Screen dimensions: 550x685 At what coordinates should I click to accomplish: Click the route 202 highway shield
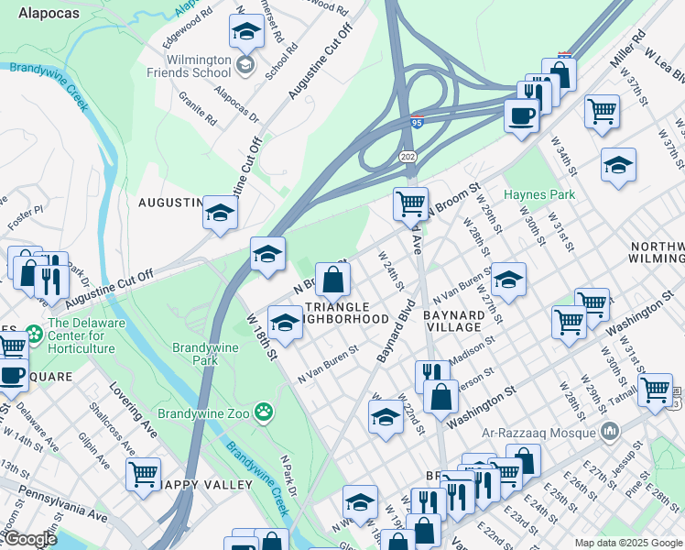[408, 158]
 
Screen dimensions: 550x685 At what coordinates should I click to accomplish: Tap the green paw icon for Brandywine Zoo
[265, 412]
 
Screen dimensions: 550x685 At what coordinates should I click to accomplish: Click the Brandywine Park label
[195, 354]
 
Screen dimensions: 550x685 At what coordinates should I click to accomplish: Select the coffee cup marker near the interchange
[522, 116]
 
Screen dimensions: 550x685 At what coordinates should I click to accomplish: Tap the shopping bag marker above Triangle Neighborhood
[333, 279]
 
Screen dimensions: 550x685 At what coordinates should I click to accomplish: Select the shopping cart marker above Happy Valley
[143, 475]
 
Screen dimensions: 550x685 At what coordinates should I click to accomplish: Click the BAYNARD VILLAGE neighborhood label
[453, 320]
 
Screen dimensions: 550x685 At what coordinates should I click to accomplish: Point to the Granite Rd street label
[198, 107]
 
